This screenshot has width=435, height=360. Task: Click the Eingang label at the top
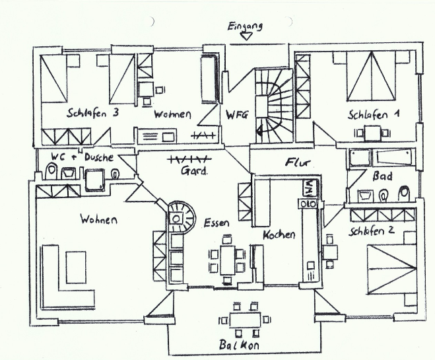245,26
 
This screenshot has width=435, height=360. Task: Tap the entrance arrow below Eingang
246,36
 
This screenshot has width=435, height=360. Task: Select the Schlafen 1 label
374,114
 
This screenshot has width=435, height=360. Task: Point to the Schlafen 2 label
372,231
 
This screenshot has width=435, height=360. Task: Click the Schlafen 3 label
92,113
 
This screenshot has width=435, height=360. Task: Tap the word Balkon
239,344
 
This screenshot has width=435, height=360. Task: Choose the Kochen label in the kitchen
279,234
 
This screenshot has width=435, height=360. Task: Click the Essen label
217,223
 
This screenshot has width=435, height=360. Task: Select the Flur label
298,162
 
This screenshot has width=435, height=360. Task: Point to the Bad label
382,176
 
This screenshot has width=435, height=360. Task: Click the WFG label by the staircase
236,115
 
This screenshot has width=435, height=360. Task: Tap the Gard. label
194,170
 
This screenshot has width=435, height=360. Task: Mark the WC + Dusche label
83,157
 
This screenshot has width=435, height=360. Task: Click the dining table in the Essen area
228,260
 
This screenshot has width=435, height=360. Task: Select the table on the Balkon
246,320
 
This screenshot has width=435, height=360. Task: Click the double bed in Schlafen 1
371,76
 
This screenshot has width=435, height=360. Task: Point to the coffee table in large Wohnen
76,267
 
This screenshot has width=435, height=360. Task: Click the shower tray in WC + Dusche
95,180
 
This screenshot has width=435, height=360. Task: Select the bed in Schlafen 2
391,270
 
